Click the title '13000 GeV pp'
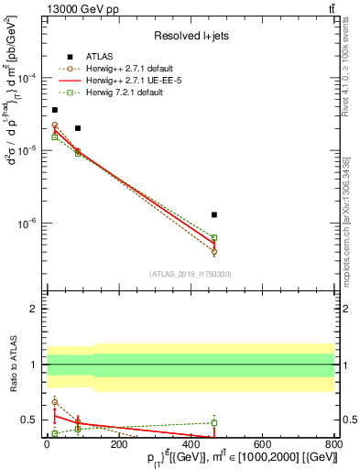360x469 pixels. [x=78, y=9]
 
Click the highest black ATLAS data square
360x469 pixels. [x=55, y=110]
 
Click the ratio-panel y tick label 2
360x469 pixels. [x=33, y=310]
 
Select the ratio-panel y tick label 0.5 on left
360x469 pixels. [x=28, y=420]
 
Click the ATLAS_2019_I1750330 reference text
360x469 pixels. [x=191, y=274]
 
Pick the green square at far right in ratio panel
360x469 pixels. [x=213, y=423]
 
